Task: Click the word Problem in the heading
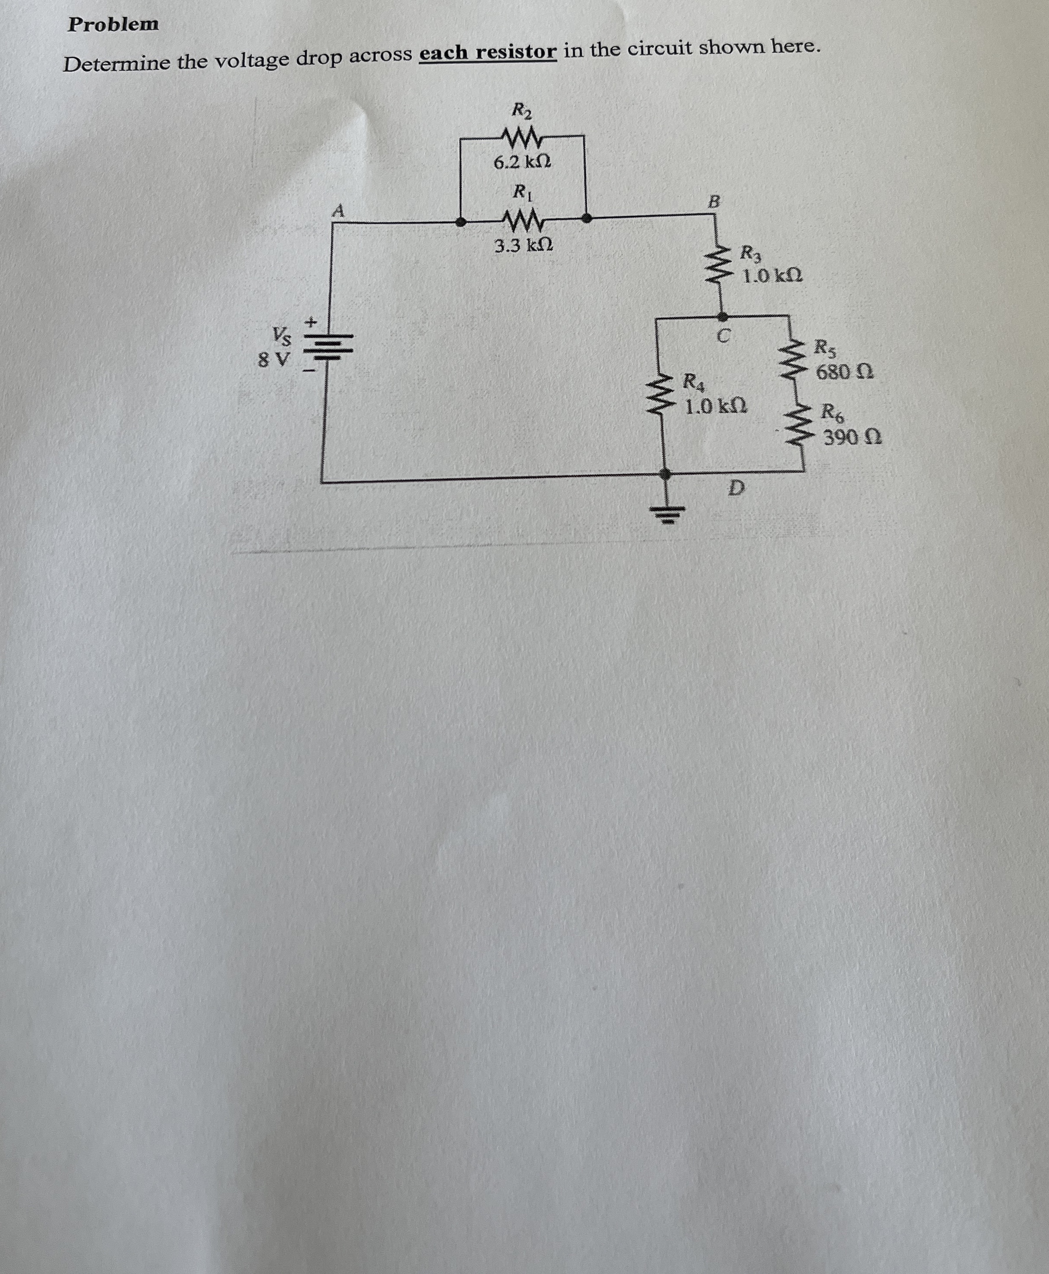pos(113,25)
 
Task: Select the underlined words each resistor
pos(488,53)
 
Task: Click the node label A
pos(339,211)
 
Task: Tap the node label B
pos(714,202)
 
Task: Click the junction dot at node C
pos(723,316)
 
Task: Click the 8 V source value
pos(274,360)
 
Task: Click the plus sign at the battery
pos(311,322)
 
